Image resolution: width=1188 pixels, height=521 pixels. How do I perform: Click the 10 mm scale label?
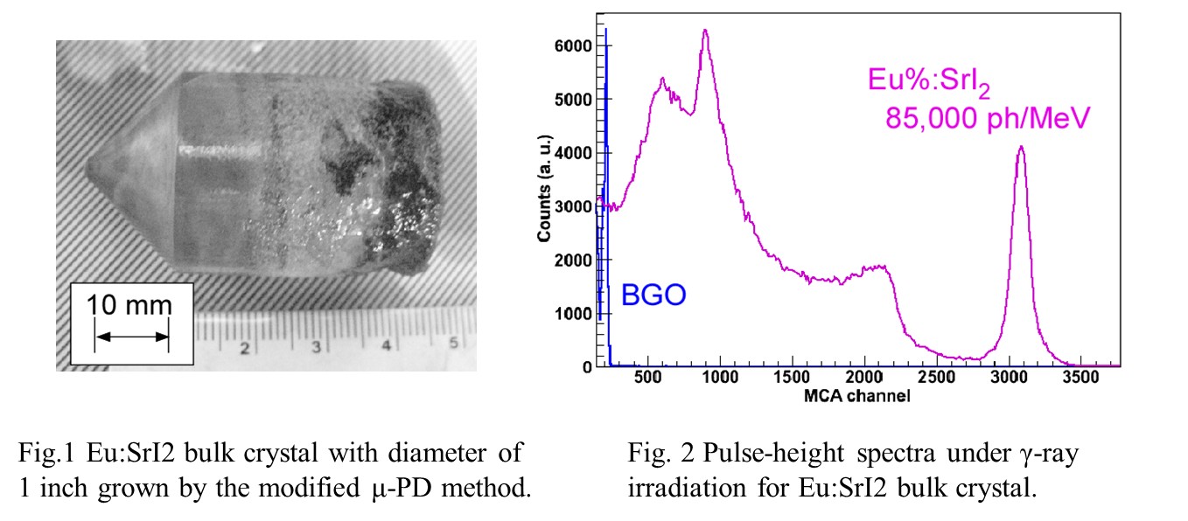[129, 305]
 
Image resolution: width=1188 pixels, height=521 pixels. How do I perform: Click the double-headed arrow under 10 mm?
[131, 336]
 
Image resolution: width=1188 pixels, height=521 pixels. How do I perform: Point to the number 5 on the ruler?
[453, 344]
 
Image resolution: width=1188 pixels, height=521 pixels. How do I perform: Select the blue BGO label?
[653, 295]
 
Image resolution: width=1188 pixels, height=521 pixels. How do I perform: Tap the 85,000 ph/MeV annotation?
[985, 117]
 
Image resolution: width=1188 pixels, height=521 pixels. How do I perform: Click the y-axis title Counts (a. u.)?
[544, 188]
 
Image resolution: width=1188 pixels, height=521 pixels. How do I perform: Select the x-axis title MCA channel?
[858, 396]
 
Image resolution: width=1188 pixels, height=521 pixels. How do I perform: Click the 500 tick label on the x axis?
[648, 379]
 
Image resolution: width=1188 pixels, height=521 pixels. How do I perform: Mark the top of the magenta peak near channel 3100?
[1021, 147]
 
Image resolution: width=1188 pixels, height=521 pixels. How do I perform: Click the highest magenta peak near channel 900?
[704, 31]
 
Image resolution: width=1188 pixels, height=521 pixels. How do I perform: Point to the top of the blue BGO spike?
[606, 30]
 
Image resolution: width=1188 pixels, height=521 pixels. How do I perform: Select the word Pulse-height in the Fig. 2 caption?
[727, 454]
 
